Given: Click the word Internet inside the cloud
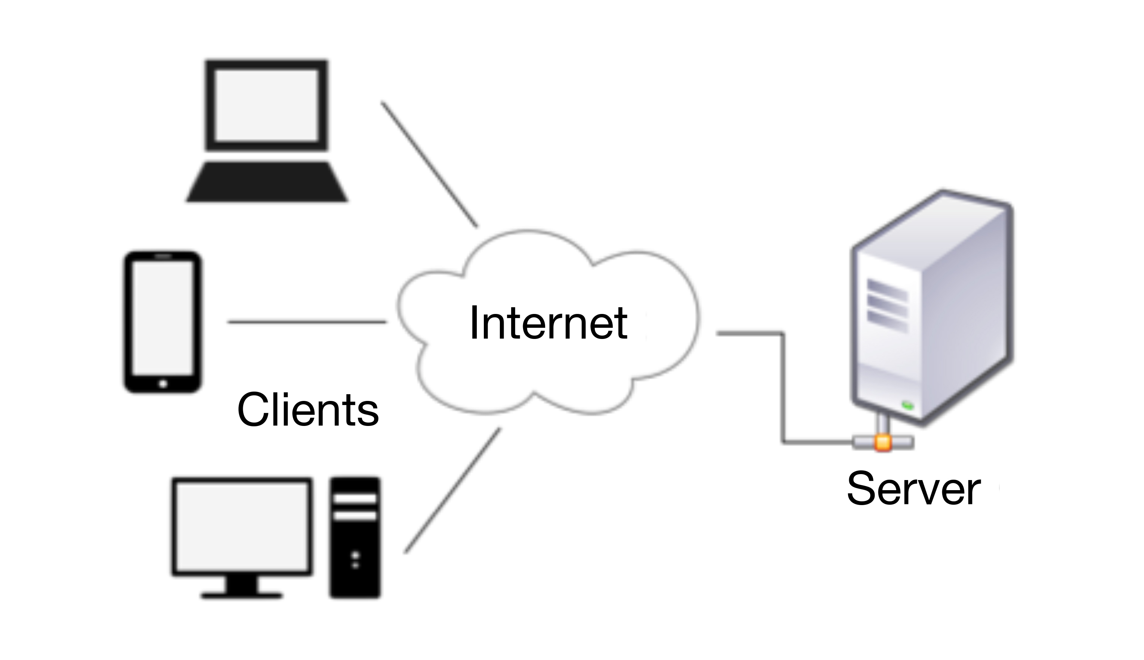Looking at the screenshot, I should click(x=548, y=323).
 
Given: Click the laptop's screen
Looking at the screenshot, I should click(x=266, y=105).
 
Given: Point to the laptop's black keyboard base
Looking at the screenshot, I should click(x=267, y=182).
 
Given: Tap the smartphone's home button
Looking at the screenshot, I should click(x=163, y=384).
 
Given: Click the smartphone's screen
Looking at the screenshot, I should click(x=163, y=318).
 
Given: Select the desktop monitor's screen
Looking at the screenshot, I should click(x=242, y=526).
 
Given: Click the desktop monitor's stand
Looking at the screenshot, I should click(x=242, y=586).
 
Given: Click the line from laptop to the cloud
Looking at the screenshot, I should click(x=429, y=164).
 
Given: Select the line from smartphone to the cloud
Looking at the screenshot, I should click(x=307, y=322).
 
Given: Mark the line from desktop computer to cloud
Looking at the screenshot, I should click(x=453, y=491).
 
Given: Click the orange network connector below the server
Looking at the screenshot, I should click(x=883, y=442).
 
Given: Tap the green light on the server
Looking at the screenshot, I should click(x=907, y=405).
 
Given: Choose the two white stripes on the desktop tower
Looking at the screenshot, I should click(x=355, y=507).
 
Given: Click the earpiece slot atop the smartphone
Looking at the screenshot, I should click(x=163, y=256).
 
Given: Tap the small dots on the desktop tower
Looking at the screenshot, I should click(x=355, y=560).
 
